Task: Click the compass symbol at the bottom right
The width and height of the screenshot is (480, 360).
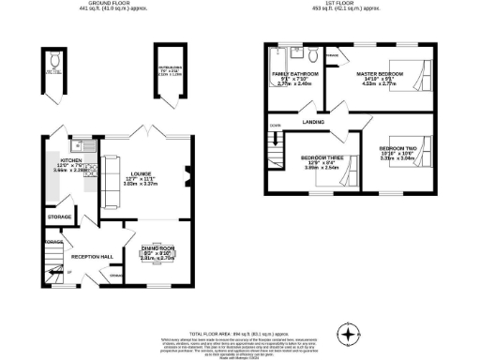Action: pos(349,333)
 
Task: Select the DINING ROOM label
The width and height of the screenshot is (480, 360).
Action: pos(154,248)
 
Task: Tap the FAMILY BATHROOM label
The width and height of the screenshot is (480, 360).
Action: pos(290,73)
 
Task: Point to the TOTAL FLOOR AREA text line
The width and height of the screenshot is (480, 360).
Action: pos(240,334)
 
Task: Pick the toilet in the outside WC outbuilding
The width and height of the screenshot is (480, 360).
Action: pos(53,62)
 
